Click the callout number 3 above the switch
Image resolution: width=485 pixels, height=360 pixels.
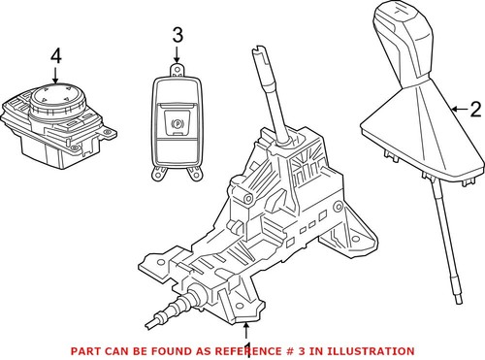coord(177,36)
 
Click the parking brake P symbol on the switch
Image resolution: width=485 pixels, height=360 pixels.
coord(178,124)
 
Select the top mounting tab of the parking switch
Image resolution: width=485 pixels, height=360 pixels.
coord(178,69)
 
